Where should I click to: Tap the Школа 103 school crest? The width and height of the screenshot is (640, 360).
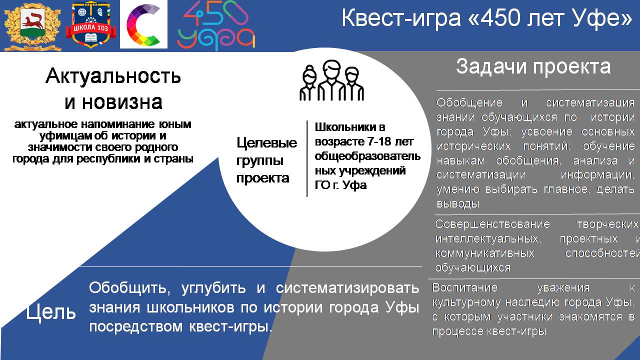coord(90,25)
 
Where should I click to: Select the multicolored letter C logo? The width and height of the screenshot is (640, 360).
coord(143,24)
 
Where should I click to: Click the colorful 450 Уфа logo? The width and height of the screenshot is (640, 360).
coord(216,25)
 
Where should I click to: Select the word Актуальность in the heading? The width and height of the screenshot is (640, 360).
coord(113,76)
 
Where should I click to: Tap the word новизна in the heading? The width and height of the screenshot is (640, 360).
coord(122,102)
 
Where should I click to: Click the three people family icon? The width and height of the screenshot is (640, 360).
coord(331,80)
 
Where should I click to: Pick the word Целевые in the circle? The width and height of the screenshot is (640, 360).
coord(267,142)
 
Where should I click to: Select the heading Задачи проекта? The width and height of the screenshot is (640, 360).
coord(533,66)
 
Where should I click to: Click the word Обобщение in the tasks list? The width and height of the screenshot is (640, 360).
coord(469,102)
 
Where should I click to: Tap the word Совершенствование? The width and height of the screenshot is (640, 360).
coord(492,224)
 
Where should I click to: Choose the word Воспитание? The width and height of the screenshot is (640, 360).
coord(465,287)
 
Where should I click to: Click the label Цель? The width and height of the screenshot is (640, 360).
coord(51,312)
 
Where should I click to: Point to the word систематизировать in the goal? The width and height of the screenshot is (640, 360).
coord(347,287)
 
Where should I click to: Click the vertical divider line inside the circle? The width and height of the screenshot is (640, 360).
coord(307,158)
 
